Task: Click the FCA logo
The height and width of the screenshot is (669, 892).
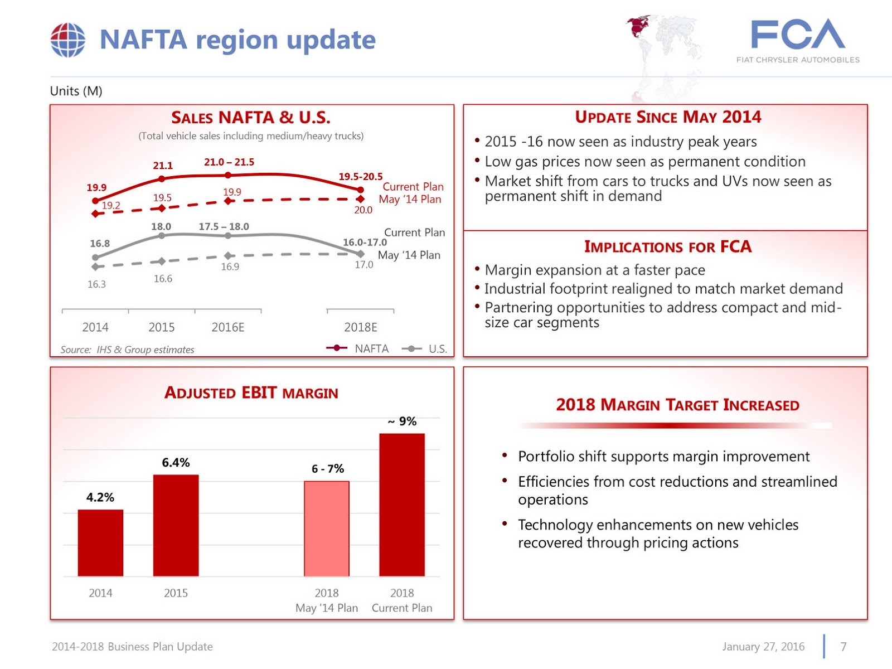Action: pos(798,40)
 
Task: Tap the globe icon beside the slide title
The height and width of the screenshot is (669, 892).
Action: pos(68,40)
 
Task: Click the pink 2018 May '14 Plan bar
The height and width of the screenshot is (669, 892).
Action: pos(327,528)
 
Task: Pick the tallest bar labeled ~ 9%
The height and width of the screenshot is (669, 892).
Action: pos(402,505)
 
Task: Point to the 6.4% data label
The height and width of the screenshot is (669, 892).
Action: pos(176,462)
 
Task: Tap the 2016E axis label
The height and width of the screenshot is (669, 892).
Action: pos(228,327)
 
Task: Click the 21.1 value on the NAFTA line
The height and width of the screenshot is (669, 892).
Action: pos(163,166)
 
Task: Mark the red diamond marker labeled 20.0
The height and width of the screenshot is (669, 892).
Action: pos(361,199)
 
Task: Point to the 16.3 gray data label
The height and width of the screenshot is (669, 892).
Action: pos(96,284)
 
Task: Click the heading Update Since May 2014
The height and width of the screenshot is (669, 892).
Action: pos(668,117)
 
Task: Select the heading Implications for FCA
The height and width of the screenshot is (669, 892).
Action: pos(668,246)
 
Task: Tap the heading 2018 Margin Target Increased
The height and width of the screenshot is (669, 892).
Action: pos(677,405)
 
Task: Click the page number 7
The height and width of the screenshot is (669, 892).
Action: pos(843,647)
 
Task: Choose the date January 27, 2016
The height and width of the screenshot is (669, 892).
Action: pos(763,647)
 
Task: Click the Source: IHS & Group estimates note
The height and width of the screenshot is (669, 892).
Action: pos(127,350)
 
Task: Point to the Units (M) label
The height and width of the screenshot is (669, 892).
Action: pos(76,91)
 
